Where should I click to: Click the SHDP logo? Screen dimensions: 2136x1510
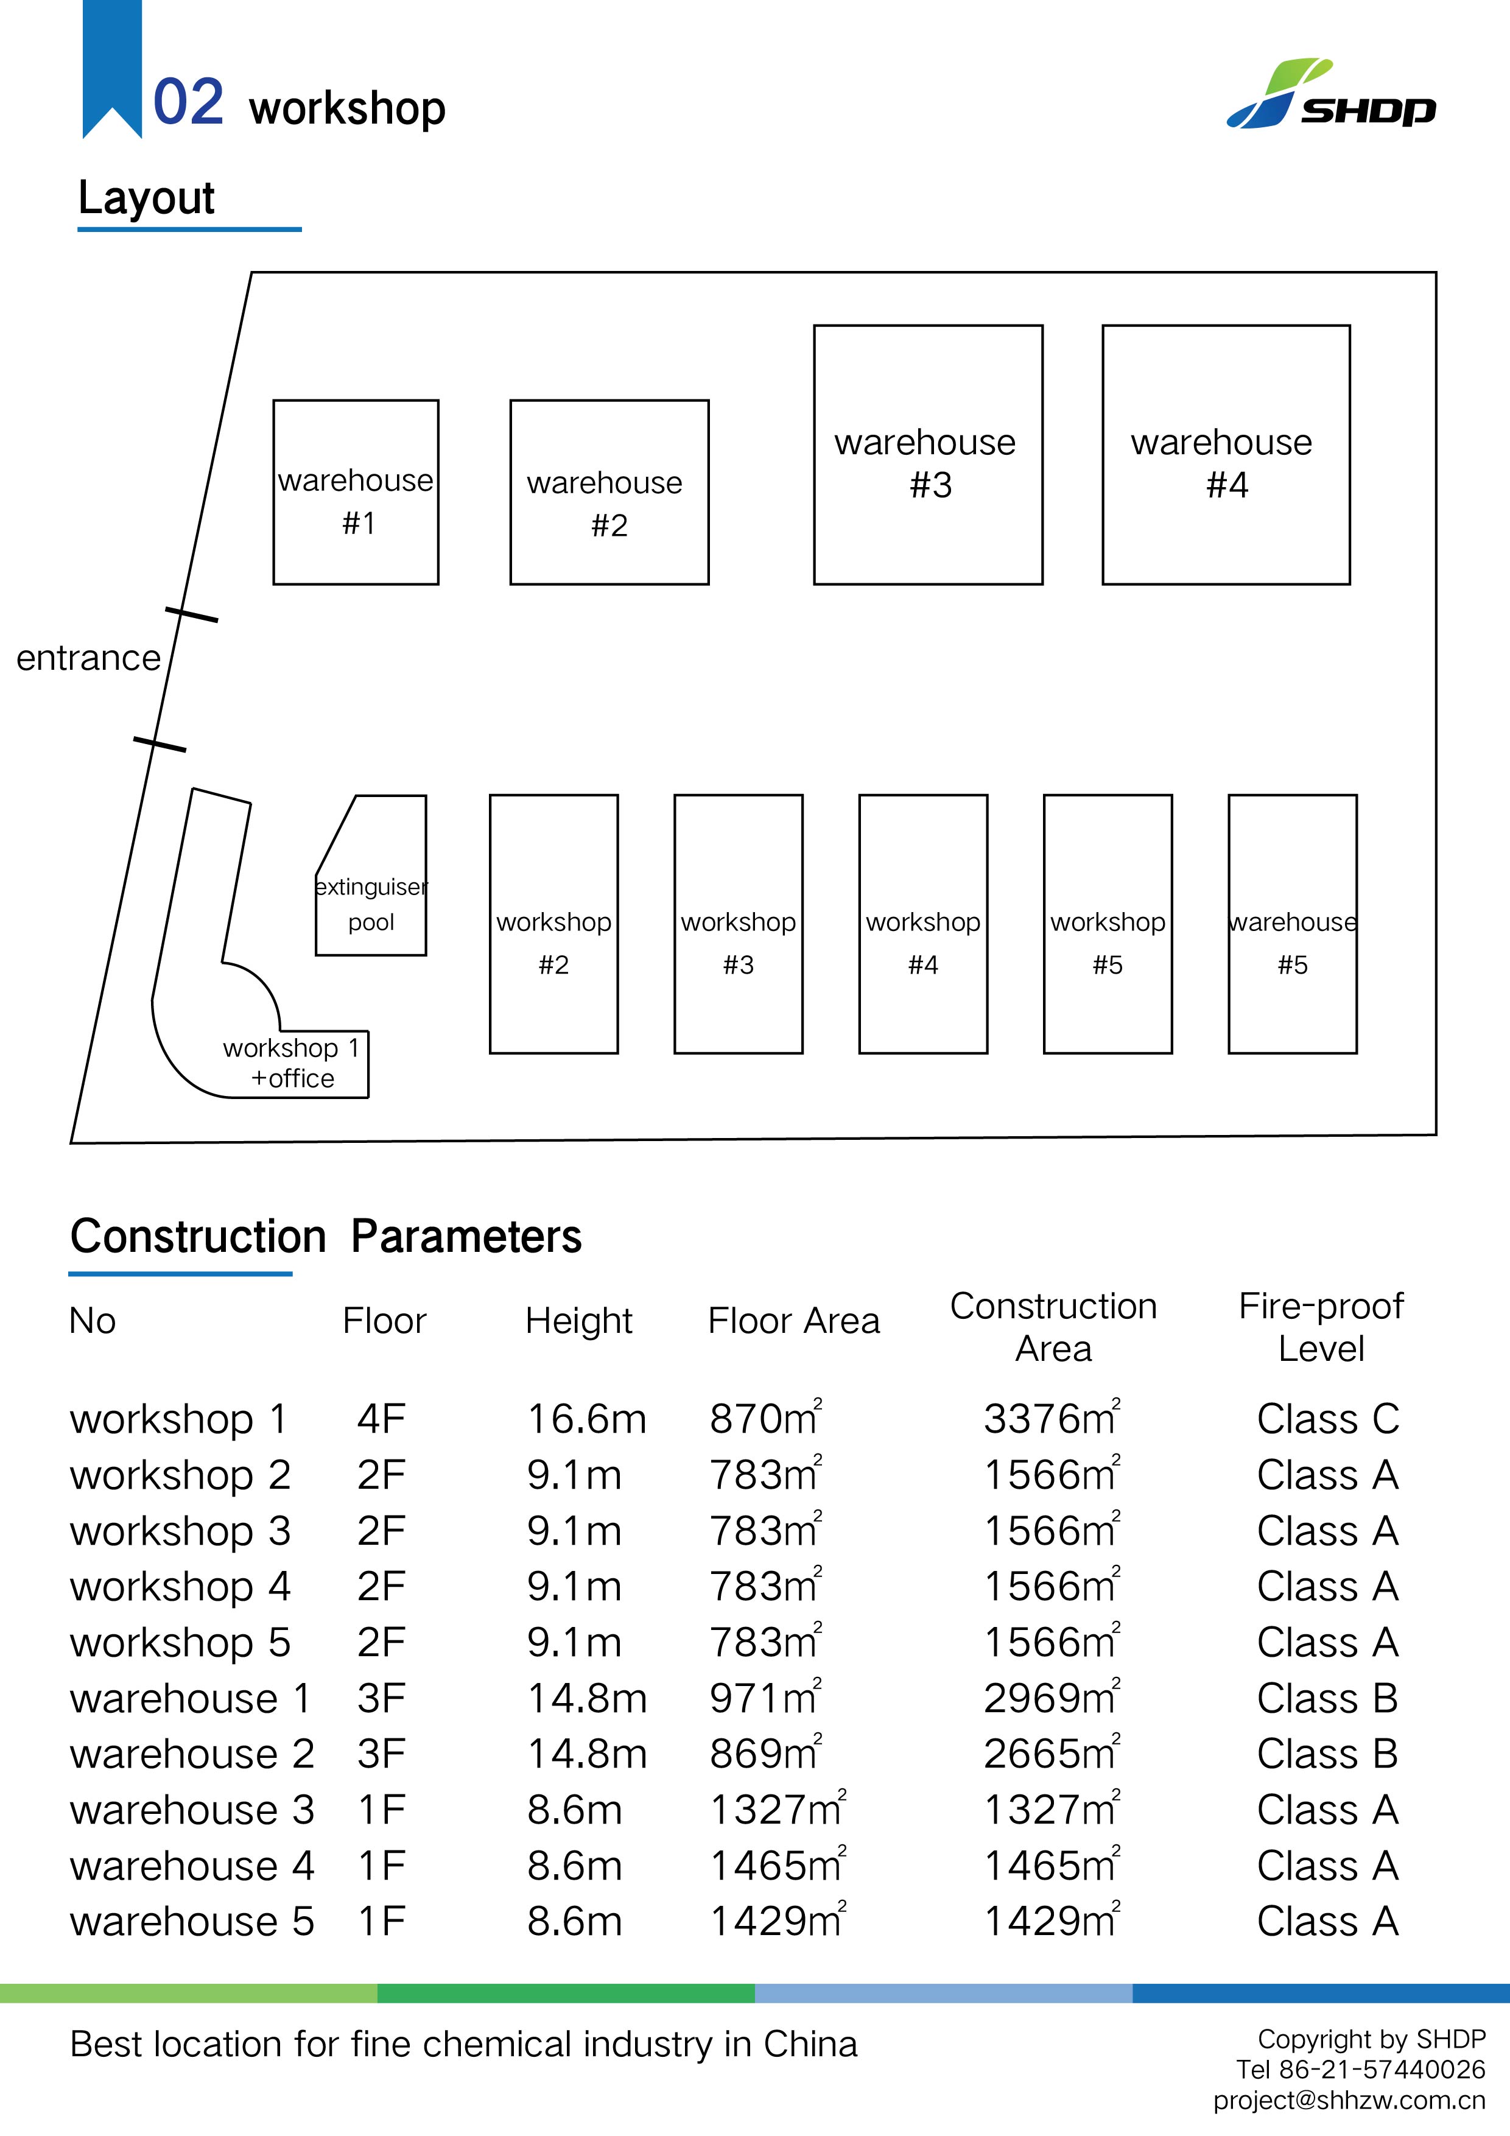point(1330,95)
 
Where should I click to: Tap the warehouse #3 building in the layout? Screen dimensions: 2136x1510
point(927,455)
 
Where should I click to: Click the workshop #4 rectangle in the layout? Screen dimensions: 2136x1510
point(923,924)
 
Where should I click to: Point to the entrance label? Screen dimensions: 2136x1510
point(88,658)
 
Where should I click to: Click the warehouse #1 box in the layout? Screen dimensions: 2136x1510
point(356,492)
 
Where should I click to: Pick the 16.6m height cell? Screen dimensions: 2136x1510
point(586,1419)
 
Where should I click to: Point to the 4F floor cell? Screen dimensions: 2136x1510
point(381,1419)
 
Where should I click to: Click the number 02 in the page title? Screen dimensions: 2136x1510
point(188,102)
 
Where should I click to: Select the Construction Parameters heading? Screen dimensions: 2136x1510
point(326,1237)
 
